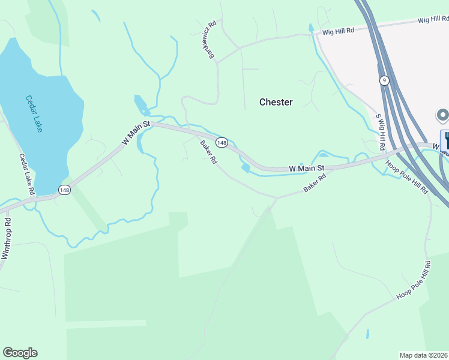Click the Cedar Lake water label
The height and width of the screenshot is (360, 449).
[34, 114]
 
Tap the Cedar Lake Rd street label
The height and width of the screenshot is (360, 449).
[27, 174]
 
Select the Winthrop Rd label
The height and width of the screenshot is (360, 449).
[6, 238]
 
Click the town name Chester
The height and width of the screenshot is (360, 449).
[276, 102]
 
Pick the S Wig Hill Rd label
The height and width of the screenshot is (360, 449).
[381, 133]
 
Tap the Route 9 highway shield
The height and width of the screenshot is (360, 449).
[384, 80]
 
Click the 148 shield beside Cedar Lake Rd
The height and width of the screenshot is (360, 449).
[64, 190]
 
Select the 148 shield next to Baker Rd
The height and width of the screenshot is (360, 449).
[222, 142]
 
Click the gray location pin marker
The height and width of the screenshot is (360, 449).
[442, 115]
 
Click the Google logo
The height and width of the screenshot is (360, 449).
[20, 353]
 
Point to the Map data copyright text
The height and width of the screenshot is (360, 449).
[424, 355]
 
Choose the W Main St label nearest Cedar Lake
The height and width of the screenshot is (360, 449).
[136, 133]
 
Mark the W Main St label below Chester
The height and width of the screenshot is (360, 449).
[307, 169]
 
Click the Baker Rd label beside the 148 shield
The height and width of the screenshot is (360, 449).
[209, 154]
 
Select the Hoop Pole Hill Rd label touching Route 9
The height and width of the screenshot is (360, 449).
[407, 178]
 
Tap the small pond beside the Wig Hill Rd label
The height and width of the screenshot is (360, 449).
[310, 28]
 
